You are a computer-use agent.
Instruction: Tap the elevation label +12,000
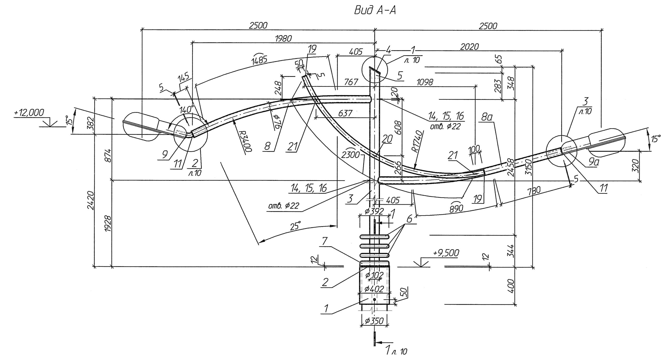click(x=29, y=112)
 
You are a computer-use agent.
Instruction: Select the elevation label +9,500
click(x=446, y=253)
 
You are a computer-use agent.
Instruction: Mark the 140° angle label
click(x=187, y=109)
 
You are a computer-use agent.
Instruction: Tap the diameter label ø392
click(x=374, y=211)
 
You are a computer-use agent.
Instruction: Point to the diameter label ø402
click(x=374, y=289)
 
